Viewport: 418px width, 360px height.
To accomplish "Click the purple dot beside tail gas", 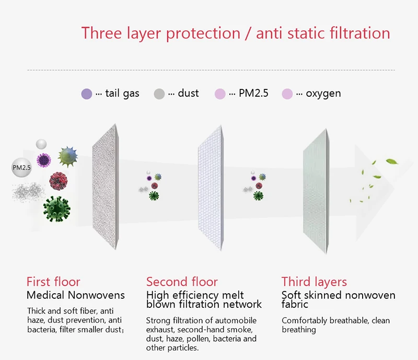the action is point(87,94).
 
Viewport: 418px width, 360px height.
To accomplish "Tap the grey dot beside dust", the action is point(159,94).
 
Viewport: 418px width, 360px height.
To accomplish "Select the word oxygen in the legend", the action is point(323,94).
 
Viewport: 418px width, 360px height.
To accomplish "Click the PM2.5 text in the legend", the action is point(253,93).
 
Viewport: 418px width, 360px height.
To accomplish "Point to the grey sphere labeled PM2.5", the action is point(21,167).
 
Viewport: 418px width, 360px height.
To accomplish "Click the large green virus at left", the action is point(57,209).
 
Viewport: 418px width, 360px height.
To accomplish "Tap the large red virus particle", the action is point(59,181).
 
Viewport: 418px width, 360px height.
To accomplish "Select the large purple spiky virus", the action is point(44,160).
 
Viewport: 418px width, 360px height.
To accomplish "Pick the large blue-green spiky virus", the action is point(68,157).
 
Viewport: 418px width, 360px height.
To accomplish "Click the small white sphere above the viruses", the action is point(41,144).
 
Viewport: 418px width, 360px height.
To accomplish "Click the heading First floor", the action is point(53,282).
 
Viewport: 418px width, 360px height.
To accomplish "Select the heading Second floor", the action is point(182,282).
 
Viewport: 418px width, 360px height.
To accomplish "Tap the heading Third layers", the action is point(314,282).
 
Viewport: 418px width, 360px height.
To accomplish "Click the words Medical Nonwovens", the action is point(76,295).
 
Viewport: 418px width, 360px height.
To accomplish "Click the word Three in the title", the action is point(101,33).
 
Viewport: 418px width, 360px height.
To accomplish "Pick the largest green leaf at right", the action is point(392,161).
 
